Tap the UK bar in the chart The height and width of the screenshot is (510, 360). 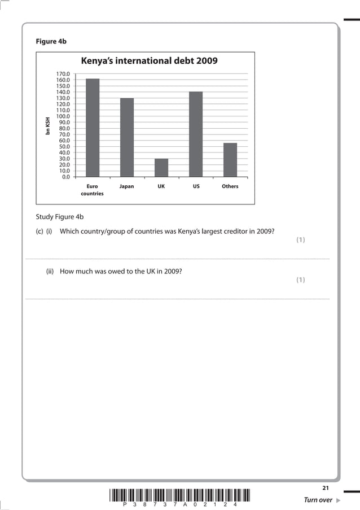[x=161, y=167]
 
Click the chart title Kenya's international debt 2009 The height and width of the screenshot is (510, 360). [x=150, y=61]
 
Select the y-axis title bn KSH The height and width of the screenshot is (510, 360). [x=48, y=126]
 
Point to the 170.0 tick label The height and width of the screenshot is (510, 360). [x=63, y=74]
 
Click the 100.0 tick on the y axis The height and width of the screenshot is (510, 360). [x=63, y=116]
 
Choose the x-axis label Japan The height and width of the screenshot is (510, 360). [x=127, y=186]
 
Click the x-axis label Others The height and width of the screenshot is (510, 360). [x=230, y=186]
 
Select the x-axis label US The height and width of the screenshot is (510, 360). [x=196, y=186]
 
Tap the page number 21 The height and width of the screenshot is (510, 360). [x=325, y=487]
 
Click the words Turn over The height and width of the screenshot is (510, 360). [x=318, y=500]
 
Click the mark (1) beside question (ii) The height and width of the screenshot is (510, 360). [x=301, y=280]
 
